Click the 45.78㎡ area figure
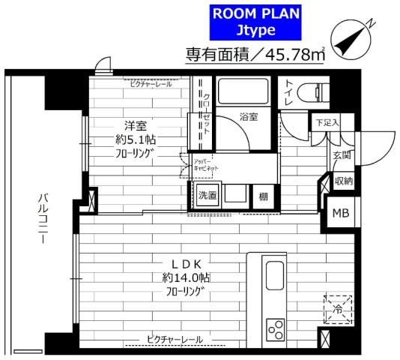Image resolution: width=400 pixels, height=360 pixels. click(x=292, y=55)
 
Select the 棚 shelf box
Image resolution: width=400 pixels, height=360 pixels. click(x=262, y=196)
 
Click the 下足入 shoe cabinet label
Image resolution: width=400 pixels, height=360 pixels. click(x=326, y=122)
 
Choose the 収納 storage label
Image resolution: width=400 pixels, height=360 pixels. click(x=343, y=181)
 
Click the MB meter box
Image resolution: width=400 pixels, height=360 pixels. click(x=340, y=213)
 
